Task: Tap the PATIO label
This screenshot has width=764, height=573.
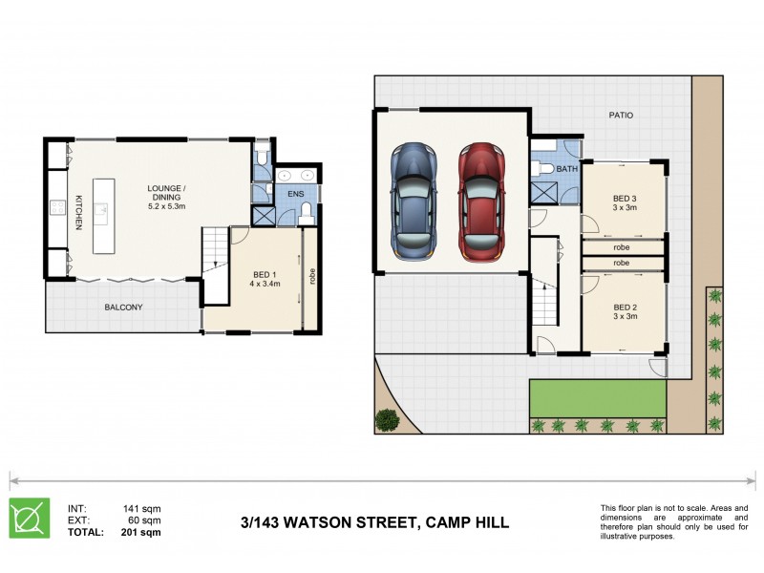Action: pos(621,116)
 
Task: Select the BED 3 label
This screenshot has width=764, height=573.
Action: pos(625,200)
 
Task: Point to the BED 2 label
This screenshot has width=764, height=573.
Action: pos(625,307)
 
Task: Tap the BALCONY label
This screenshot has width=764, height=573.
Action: pos(123,307)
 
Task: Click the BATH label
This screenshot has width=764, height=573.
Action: pos(567,169)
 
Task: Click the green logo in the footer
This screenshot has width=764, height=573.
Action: pos(30,519)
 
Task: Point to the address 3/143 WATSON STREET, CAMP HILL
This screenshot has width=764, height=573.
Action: pos(374,522)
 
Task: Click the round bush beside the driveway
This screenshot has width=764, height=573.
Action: pos(387,418)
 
